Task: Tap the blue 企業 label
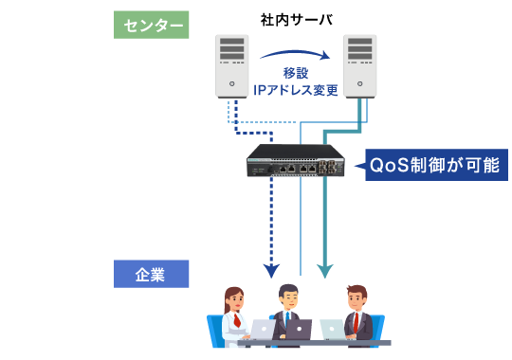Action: point(151,274)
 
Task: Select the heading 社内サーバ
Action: point(294,19)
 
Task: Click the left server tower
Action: point(231,64)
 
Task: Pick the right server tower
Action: point(359,64)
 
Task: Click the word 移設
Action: point(296,73)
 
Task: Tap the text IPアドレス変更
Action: point(295,90)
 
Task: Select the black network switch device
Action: point(295,162)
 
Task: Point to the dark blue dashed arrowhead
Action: point(271,271)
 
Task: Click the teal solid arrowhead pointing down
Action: point(324,271)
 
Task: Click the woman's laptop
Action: point(261,330)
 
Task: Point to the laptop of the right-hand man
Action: point(332,329)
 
